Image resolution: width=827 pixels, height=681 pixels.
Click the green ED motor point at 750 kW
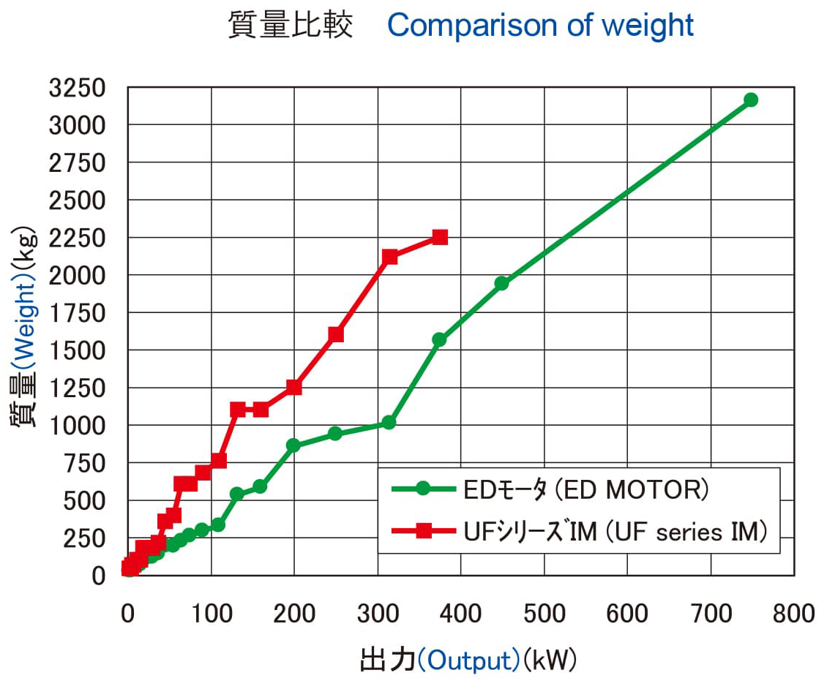pos(750,99)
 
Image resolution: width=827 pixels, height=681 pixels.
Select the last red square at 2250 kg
pos(440,237)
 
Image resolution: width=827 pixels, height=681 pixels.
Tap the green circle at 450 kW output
pos(501,283)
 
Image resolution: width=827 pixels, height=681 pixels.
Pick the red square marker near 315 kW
pos(389,257)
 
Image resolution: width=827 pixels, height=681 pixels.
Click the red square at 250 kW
pos(336,334)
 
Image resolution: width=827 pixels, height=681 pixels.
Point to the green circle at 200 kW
pos(293,445)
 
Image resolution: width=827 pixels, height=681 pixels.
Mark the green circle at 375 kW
pos(439,339)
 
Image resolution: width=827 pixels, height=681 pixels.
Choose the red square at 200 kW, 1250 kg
pos(293,387)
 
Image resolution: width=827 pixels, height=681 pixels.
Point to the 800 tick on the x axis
pos(793,613)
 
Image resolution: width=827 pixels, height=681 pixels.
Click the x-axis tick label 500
pos(544,613)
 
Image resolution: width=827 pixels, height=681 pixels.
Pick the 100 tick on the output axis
pos(212,613)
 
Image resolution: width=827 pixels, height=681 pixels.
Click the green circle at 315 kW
pos(389,422)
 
